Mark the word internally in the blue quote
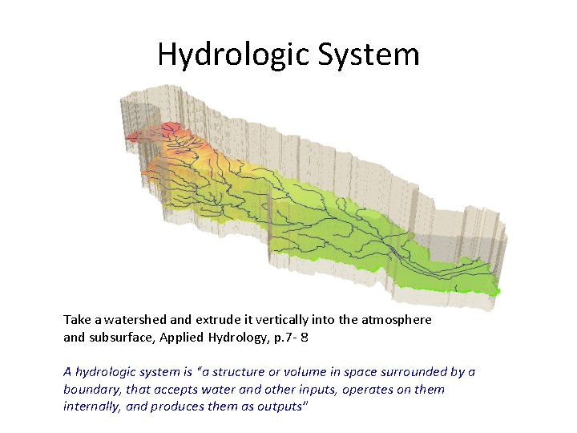[x=93, y=407]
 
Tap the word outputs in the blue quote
[x=281, y=407]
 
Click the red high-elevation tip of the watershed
[x=168, y=128]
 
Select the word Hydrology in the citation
[x=240, y=338]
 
